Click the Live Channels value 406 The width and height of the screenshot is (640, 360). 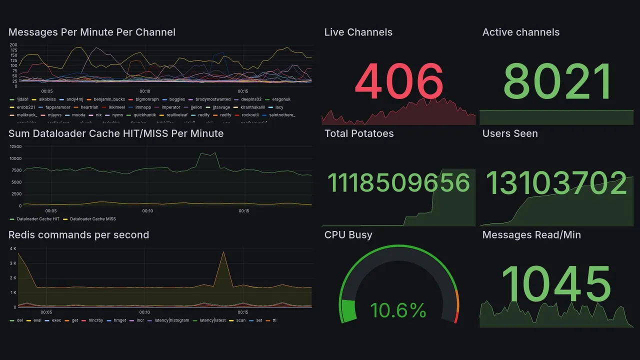399,82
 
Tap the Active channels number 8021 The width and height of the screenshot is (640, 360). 557,82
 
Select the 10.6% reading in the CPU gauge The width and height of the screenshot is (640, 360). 398,310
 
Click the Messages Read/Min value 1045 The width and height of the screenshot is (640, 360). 556,284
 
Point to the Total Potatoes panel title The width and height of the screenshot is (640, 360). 359,133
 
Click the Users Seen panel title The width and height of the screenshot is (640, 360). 510,133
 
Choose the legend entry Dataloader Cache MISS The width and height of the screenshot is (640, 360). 92,219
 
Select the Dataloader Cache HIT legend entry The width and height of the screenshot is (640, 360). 38,219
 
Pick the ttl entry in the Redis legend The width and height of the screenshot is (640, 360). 274,320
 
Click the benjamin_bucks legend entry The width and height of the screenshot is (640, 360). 109,99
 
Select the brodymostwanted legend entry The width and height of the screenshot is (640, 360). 213,99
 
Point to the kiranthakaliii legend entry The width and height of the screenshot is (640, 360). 252,107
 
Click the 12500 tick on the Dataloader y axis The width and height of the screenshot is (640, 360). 15,146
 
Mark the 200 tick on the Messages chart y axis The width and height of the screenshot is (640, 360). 13,45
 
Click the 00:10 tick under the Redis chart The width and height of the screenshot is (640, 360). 145,312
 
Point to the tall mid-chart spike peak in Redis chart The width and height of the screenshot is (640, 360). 223,252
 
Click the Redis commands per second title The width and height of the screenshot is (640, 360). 78,235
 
